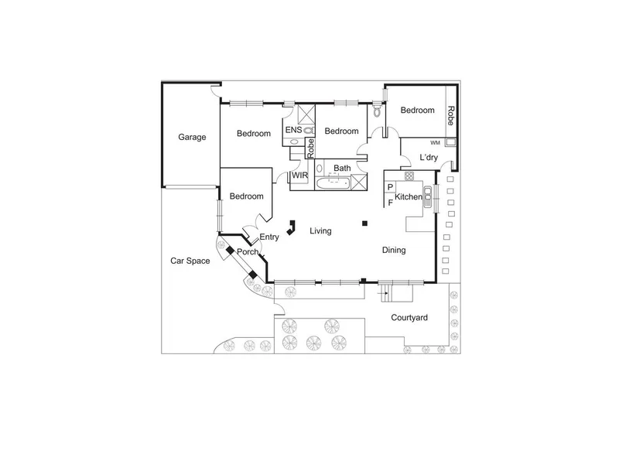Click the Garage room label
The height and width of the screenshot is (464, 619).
[192, 138]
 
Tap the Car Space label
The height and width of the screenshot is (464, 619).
[190, 261]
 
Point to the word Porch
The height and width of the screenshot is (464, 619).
[247, 252]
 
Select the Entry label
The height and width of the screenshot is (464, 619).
[269, 237]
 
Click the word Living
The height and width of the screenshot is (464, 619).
[320, 230]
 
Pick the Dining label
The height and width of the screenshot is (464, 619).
[394, 250]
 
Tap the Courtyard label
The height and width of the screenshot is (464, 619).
[409, 318]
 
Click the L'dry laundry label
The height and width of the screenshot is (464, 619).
[429, 158]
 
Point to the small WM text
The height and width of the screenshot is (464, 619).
[435, 143]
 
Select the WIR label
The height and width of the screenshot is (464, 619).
[299, 176]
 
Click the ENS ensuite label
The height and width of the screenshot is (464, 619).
[293, 130]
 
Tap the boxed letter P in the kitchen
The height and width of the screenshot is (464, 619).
[390, 187]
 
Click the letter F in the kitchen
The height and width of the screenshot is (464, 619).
[391, 203]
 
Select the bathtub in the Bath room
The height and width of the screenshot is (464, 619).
[333, 183]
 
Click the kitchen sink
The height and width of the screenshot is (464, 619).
[428, 196]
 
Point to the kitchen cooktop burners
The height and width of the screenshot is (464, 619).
[409, 176]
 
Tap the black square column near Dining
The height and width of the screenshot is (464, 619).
[364, 223]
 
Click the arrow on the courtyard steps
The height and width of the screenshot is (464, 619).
[382, 294]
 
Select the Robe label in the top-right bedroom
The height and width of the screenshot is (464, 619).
[450, 115]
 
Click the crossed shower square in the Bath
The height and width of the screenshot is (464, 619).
[359, 182]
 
